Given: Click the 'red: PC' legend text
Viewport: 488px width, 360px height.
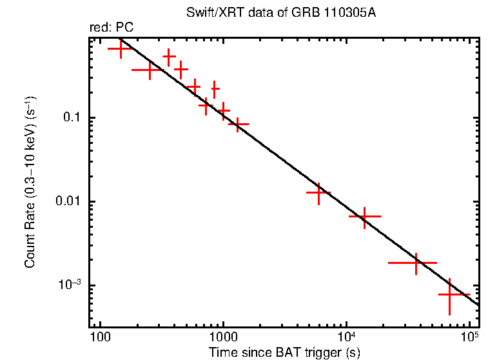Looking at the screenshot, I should coord(111,28).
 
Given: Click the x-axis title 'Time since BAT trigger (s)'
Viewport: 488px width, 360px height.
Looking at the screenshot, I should coord(284,352).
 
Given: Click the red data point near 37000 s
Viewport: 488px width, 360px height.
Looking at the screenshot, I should coord(416,263).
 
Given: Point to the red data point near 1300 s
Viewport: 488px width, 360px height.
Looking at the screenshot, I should coord(239,123).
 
